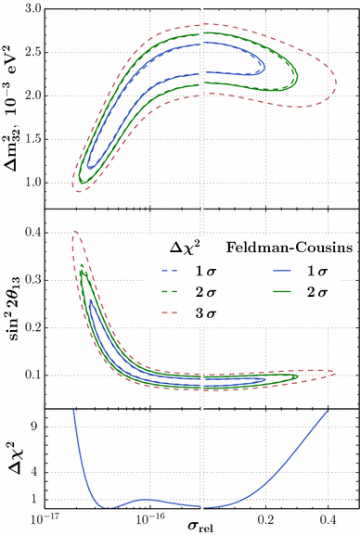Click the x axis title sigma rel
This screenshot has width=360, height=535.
click(202, 527)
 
